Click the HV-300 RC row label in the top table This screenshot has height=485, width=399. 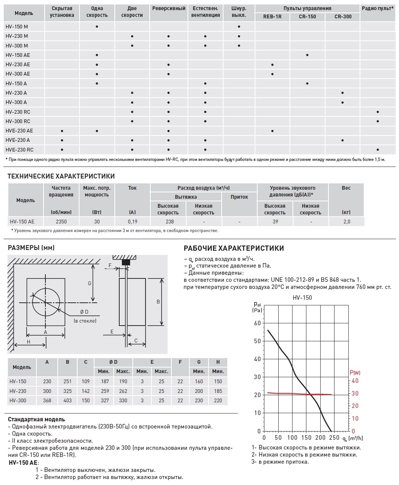(18, 121)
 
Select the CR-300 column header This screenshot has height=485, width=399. (342, 17)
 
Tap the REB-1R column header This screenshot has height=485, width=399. (272, 17)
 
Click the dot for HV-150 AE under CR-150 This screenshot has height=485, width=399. (307, 55)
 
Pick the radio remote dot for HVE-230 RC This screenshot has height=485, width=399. (377, 150)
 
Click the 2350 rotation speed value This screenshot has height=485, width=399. (61, 222)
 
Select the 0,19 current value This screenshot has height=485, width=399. (132, 222)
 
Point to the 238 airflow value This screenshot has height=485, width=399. (169, 222)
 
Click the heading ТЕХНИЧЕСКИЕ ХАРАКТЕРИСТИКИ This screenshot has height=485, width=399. (61, 176)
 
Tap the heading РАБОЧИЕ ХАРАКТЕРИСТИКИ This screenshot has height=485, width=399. (234, 248)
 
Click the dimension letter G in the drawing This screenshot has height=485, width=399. (90, 283)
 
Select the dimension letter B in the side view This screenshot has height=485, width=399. (158, 302)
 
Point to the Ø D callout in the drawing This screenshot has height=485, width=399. (84, 312)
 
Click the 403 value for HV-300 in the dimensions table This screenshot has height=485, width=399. (67, 400)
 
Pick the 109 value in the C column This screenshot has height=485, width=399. (86, 381)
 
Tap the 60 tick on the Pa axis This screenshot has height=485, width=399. (257, 323)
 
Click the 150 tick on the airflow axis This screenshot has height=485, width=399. (306, 437)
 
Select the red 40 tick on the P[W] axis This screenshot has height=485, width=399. (354, 381)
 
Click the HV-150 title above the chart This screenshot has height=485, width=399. (302, 298)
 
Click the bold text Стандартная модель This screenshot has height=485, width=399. (36, 420)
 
